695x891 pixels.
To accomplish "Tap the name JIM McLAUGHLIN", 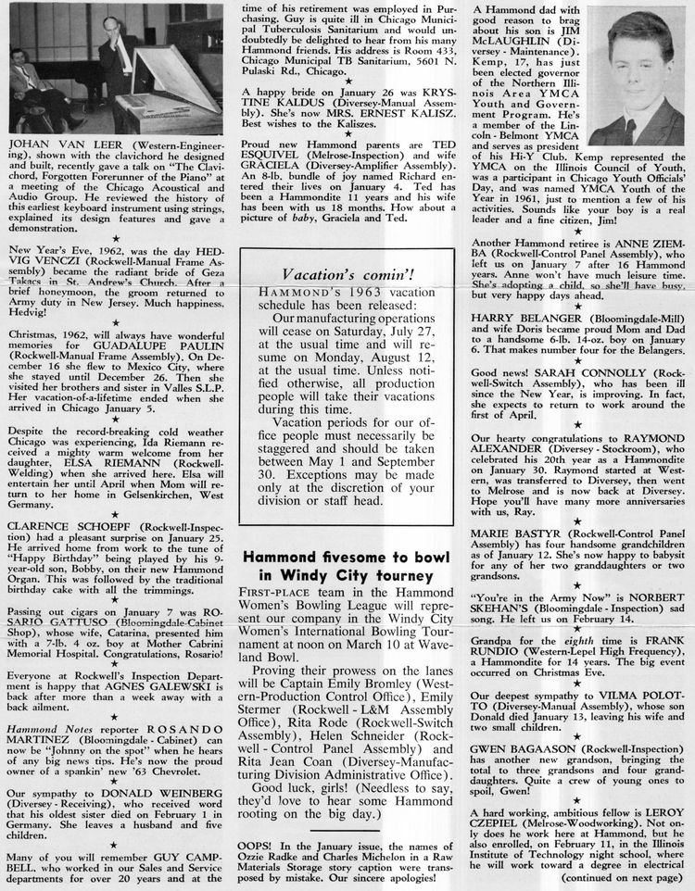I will click(541, 44).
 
